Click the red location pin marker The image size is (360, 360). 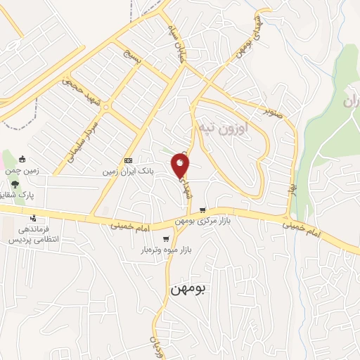pyautogui.click(x=181, y=166)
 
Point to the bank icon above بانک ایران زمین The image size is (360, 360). pyautogui.click(x=127, y=160)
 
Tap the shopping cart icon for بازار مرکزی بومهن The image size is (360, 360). pyautogui.click(x=202, y=210)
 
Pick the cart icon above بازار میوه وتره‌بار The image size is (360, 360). pyautogui.click(x=166, y=239)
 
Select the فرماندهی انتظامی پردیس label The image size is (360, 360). pyautogui.click(x=32, y=235)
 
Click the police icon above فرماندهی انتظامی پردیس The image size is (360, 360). pyautogui.click(x=32, y=218)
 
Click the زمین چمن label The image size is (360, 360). pyautogui.click(x=22, y=171)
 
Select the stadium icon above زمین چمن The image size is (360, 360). pyautogui.click(x=22, y=159)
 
